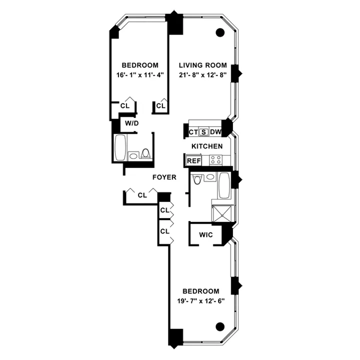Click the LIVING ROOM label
coord(203,65)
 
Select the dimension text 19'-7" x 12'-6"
coord(200,301)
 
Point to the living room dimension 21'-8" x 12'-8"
coord(203,75)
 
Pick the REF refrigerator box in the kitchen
coord(193,161)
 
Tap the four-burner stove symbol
coord(215,160)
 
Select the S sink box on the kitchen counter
coord(203,132)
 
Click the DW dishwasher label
coord(215,132)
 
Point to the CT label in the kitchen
coord(193,132)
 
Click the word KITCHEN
coord(206,146)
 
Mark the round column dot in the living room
coord(219,33)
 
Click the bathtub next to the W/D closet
coord(120,147)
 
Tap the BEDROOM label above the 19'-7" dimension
coord(200,291)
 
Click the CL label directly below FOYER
coord(142,195)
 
